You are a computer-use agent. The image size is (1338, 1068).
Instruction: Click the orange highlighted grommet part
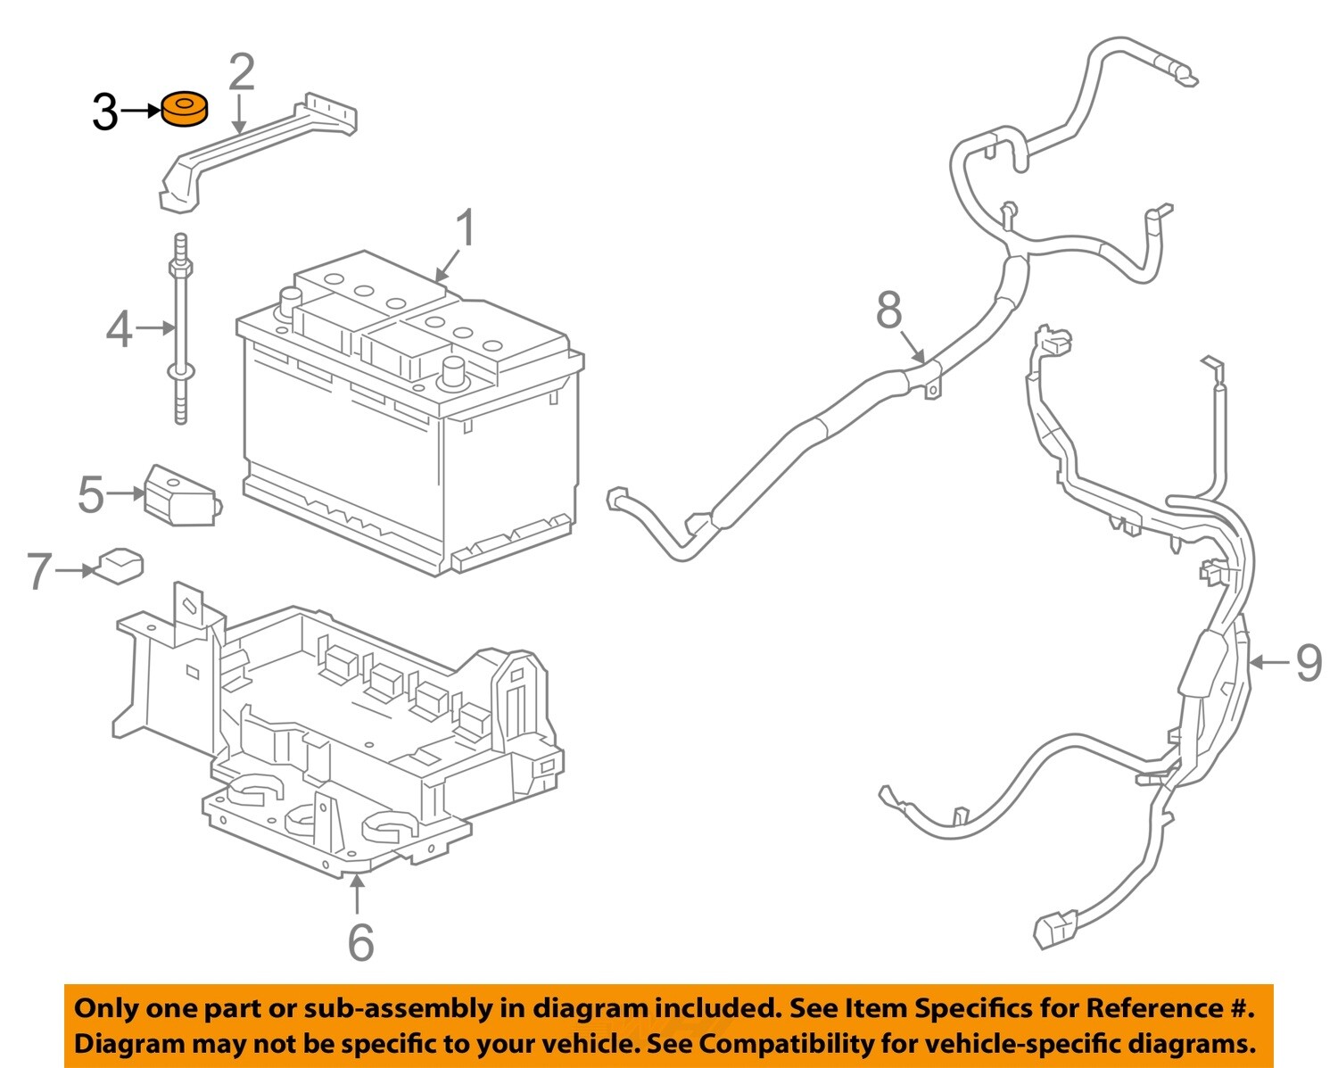(184, 110)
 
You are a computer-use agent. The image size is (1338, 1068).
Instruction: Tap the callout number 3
(104, 113)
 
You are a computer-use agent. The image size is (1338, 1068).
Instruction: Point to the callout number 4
(120, 329)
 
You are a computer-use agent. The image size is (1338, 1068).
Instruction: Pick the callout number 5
(91, 494)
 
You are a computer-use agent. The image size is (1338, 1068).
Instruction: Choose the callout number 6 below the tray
(360, 941)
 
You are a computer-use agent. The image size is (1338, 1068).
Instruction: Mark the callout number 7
(38, 571)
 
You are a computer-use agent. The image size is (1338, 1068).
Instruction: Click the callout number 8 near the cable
(888, 310)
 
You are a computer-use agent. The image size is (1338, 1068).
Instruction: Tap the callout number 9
(1308, 663)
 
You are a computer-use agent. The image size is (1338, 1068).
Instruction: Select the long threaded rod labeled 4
(181, 330)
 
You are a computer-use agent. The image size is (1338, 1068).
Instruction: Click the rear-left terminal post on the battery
(291, 300)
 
